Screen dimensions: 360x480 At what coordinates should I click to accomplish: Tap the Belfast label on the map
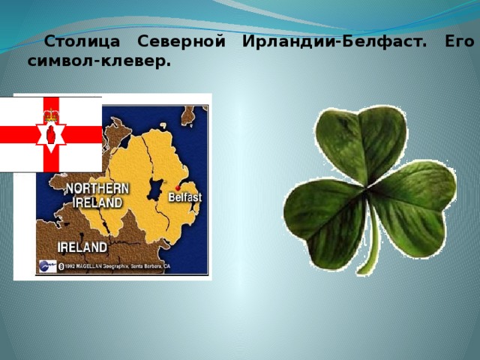click(184, 198)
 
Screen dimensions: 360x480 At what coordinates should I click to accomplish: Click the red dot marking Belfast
click(178, 187)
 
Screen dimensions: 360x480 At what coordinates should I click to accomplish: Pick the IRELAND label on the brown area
click(82, 246)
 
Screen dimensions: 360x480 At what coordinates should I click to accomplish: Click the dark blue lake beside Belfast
click(156, 189)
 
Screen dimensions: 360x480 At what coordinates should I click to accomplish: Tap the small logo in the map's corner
click(46, 265)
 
